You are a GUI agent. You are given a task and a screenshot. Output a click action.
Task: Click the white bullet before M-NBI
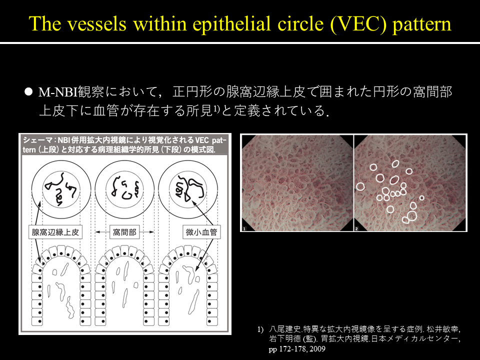pos(28,91)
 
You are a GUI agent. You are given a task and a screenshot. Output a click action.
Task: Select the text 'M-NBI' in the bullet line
pos(57,92)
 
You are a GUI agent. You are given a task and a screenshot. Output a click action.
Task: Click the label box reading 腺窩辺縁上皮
pos(55,232)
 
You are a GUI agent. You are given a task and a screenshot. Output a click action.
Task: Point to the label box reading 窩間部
pos(124,232)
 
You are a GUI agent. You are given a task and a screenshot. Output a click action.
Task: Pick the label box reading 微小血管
pos(201,232)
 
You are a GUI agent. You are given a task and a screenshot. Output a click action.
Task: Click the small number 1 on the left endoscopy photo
pos(244,228)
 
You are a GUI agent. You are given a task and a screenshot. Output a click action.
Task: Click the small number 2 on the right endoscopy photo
pos(356,228)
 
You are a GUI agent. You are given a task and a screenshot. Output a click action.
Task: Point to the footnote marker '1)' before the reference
pos(260,329)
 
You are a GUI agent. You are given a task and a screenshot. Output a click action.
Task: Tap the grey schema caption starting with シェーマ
pos(124,145)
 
